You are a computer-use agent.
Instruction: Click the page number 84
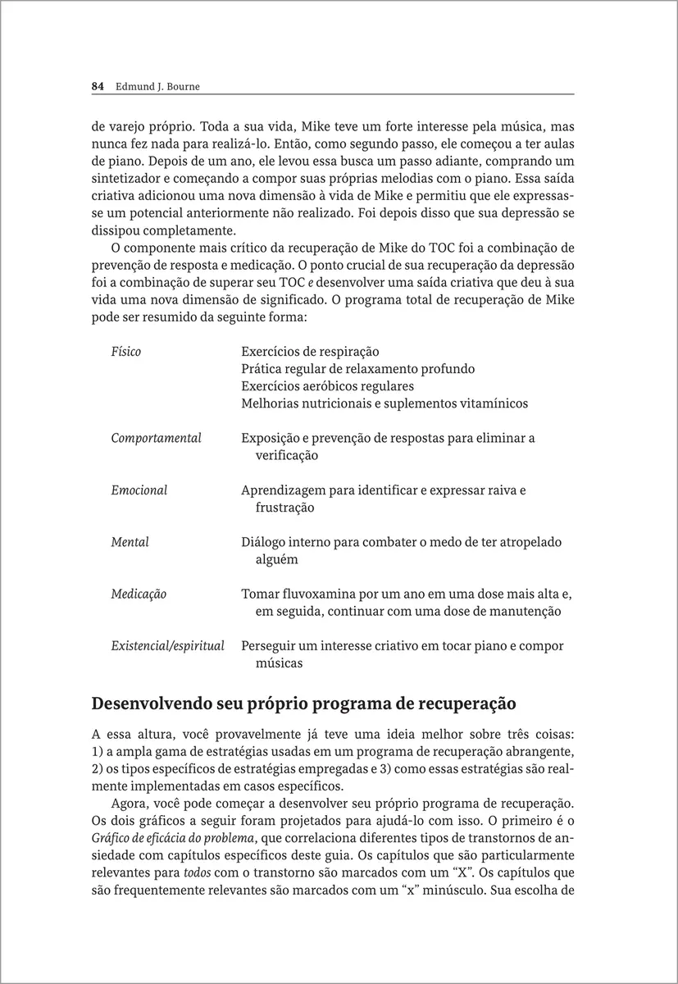click(x=97, y=85)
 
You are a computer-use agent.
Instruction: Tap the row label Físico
click(x=125, y=352)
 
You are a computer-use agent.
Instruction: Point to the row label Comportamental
click(x=156, y=439)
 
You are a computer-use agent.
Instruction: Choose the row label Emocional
click(x=139, y=490)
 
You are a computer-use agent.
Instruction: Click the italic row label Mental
click(x=130, y=542)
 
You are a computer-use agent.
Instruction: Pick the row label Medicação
click(x=139, y=594)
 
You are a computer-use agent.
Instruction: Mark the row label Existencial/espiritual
click(x=167, y=646)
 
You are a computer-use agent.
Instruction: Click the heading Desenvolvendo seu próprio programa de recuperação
click(x=303, y=704)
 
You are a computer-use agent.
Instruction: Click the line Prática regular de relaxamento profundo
click(x=357, y=369)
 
